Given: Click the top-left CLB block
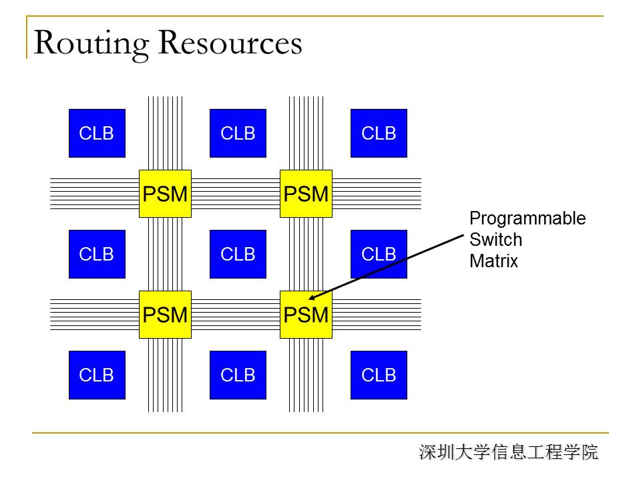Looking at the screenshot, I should click(97, 134).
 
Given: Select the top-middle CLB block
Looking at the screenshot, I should click(238, 134).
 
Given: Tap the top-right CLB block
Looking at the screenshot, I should click(379, 134).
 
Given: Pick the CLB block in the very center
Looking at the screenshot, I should click(238, 255).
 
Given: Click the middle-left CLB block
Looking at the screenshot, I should click(97, 255).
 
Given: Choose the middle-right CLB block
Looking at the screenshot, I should click(379, 255).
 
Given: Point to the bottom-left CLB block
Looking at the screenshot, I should click(97, 375).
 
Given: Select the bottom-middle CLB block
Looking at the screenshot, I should click(238, 375).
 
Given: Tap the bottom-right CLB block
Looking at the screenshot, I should click(379, 375).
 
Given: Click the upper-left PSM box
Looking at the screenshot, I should click(165, 194).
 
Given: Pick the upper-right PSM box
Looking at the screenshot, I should click(306, 194).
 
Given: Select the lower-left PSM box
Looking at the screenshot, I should click(165, 315).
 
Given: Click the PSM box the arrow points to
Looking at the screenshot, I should click(306, 315).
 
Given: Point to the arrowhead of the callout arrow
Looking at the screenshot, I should click(313, 297).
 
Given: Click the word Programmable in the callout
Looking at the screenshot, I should click(527, 218).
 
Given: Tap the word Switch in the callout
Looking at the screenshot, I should click(495, 240).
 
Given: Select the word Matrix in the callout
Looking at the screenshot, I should click(493, 261).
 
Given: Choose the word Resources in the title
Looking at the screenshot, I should click(230, 43).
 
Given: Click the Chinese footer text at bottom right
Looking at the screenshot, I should click(509, 452).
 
